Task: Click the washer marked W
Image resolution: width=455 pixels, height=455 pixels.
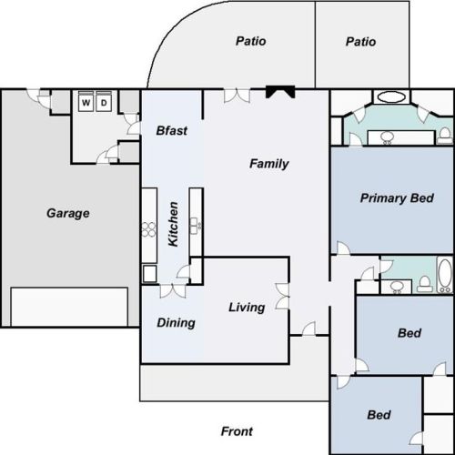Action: [86, 102]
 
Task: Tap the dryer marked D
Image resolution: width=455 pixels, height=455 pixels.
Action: [104, 102]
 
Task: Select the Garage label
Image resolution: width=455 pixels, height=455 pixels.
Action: [68, 213]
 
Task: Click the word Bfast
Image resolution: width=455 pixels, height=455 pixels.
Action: [172, 130]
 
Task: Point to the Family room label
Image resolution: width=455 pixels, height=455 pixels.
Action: [269, 164]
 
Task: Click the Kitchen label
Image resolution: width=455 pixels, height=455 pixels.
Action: [173, 224]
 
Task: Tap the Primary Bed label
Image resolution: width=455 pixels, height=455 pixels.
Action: [397, 198]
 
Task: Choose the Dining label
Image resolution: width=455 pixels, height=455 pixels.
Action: [176, 323]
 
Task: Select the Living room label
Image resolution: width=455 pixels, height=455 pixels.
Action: [247, 308]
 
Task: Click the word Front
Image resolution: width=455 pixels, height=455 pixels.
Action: [237, 431]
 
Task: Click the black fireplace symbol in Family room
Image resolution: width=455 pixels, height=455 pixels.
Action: [280, 92]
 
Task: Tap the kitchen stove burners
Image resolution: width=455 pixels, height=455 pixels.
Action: [149, 229]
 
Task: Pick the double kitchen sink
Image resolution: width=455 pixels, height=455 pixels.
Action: [196, 226]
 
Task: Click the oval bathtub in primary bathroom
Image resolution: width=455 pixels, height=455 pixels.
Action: [391, 97]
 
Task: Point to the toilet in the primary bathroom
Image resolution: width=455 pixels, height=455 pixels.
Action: [445, 136]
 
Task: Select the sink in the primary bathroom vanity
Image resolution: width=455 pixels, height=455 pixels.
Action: [387, 137]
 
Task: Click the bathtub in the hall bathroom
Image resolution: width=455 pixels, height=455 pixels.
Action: [445, 275]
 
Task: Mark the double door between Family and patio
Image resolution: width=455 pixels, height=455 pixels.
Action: [237, 96]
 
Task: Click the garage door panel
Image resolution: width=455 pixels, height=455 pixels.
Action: [69, 307]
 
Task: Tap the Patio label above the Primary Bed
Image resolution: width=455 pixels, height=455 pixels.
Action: [360, 42]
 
